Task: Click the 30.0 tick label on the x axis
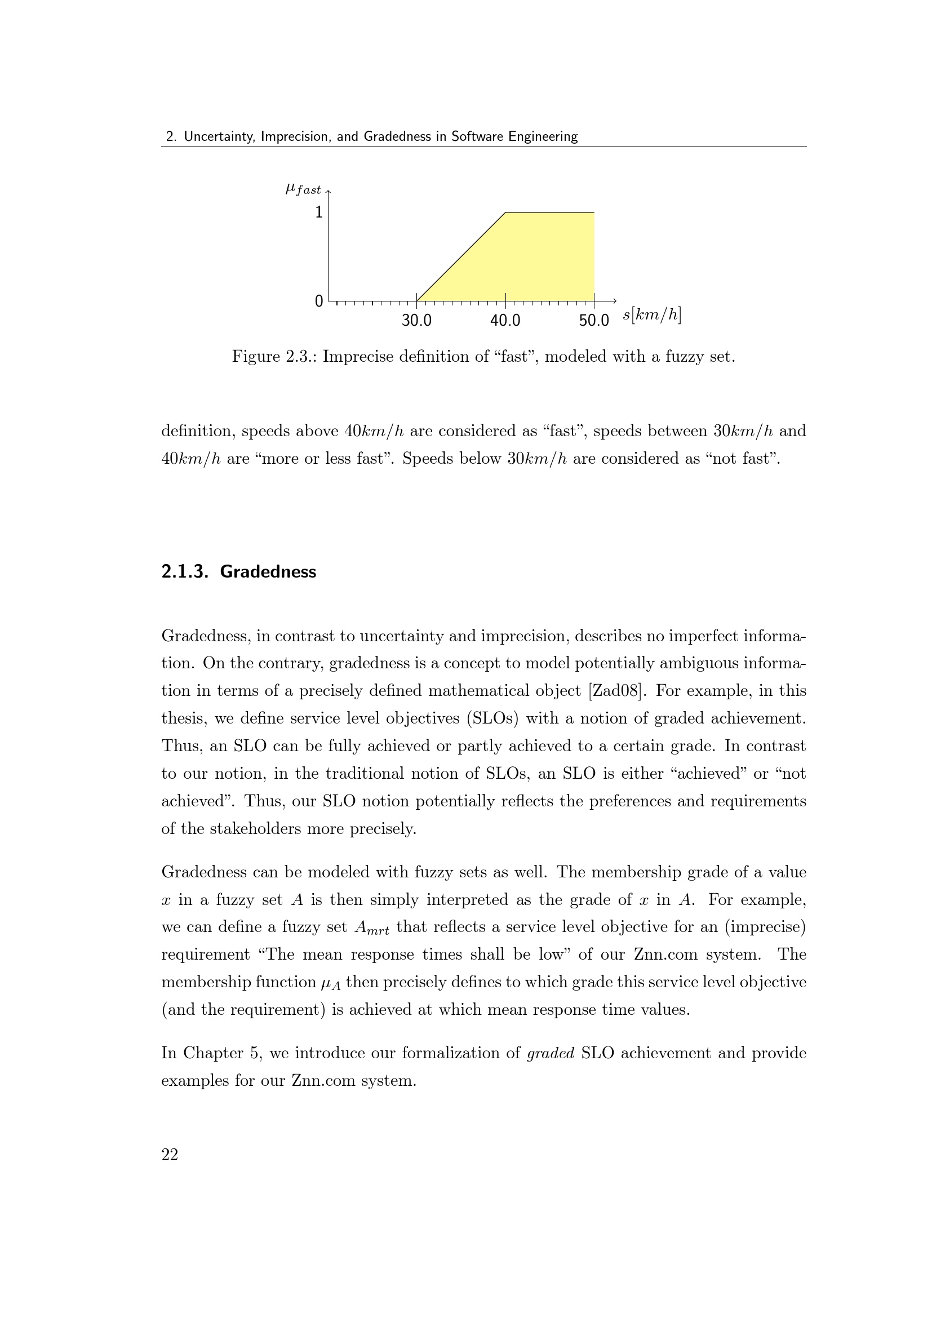coord(416,320)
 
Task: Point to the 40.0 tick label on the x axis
coord(505,320)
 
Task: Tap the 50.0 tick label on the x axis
coord(593,320)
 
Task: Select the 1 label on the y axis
coord(319,212)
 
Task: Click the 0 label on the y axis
coord(319,301)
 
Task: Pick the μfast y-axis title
coord(303,188)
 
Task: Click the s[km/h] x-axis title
coord(652,315)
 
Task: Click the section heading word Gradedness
coord(268,572)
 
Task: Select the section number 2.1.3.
coord(184,572)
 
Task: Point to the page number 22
coord(170,1155)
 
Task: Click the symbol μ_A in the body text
coord(331,983)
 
